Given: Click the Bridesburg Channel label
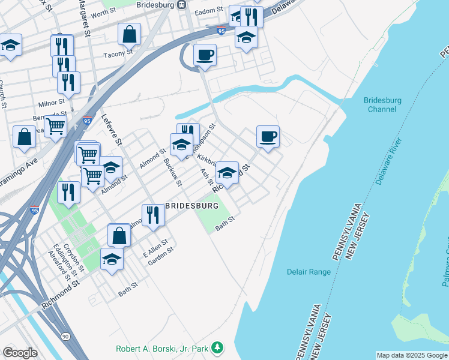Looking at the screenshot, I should click(382, 104).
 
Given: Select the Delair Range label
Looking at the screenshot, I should click(309, 272).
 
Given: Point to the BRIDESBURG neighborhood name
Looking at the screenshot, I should click(191, 206).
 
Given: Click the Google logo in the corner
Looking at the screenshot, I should click(20, 352).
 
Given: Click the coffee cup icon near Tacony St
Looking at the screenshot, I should click(205, 56).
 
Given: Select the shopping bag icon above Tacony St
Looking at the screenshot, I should click(129, 35).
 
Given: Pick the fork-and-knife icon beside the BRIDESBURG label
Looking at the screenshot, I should click(153, 215).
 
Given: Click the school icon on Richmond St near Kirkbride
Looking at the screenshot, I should click(227, 173).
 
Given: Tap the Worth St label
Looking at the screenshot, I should click(104, 12).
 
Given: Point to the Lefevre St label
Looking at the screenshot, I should click(112, 130).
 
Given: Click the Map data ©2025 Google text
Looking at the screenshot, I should click(411, 355).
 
